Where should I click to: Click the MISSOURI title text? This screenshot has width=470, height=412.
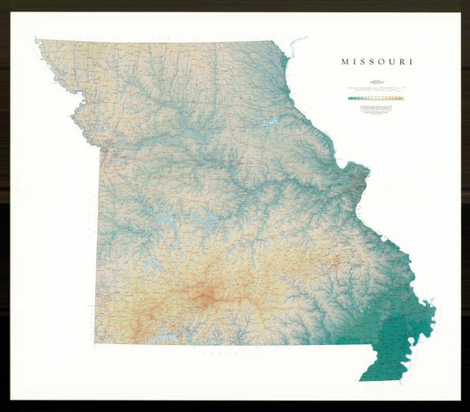377,63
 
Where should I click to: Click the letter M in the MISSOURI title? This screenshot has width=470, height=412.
346,63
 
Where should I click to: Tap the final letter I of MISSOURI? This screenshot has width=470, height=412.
411,63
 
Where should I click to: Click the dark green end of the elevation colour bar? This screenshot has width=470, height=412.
351,99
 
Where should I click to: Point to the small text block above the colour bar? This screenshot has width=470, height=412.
377,89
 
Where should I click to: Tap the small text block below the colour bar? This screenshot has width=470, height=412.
377,107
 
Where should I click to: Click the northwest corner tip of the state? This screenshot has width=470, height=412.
37,40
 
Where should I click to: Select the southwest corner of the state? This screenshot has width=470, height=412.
95,342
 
